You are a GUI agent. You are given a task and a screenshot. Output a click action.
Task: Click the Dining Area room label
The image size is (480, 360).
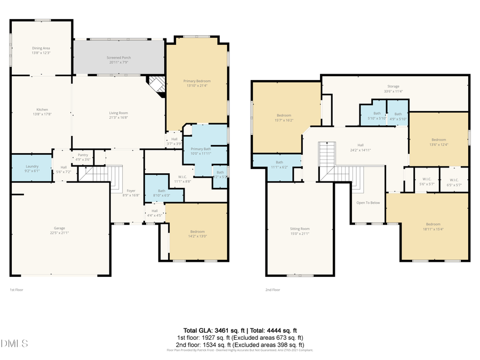pyautogui.click(x=41, y=50)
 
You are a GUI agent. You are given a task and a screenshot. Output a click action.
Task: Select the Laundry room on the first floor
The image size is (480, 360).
pyautogui.click(x=32, y=168)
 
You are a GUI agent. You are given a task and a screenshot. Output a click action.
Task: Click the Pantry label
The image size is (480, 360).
pyautogui.click(x=83, y=157)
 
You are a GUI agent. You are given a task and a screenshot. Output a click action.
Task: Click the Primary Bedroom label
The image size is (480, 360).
pyautogui.click(x=197, y=83)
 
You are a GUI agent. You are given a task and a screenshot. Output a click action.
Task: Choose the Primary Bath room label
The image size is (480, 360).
pyautogui.click(x=201, y=151)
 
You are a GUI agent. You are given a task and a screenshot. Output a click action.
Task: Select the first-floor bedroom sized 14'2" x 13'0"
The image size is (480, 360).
pyautogui.click(x=197, y=234)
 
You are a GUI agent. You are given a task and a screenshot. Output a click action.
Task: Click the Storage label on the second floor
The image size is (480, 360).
pyautogui.click(x=393, y=88)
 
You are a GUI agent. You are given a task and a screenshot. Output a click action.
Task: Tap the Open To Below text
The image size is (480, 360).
pyautogui.click(x=368, y=203)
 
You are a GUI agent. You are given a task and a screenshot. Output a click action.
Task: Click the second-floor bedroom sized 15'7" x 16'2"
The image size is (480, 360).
pyautogui.click(x=284, y=117)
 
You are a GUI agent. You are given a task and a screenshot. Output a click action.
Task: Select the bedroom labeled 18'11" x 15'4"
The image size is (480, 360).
pyautogui.click(x=433, y=226)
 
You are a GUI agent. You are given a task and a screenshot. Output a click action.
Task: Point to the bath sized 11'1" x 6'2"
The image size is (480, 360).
pyautogui.click(x=279, y=164)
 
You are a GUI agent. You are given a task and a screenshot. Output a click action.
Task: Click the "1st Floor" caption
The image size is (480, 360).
pyautogui.click(x=17, y=290)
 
